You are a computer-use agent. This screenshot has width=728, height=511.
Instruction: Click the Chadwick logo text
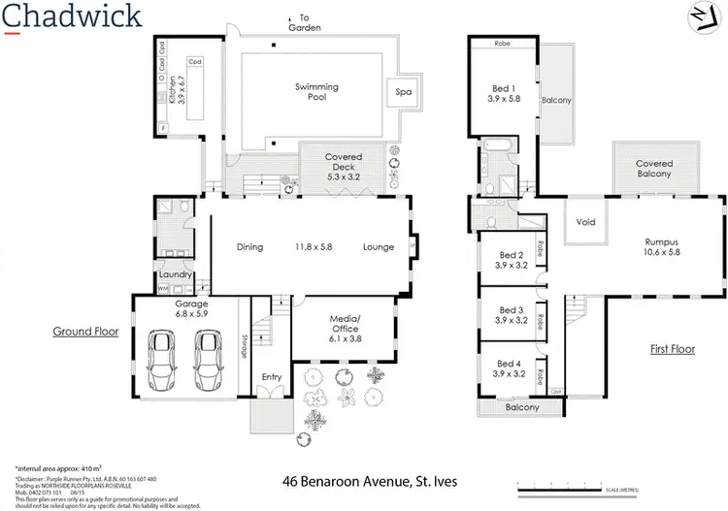73,16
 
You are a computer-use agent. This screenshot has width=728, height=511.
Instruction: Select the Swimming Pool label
316,92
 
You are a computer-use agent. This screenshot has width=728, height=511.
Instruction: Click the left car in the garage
160,358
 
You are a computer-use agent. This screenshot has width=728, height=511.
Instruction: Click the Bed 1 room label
507,97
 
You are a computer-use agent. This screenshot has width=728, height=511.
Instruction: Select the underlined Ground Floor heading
85,331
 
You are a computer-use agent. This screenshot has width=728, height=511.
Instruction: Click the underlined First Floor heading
672,348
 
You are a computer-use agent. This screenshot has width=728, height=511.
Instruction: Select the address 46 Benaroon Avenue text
369,481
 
